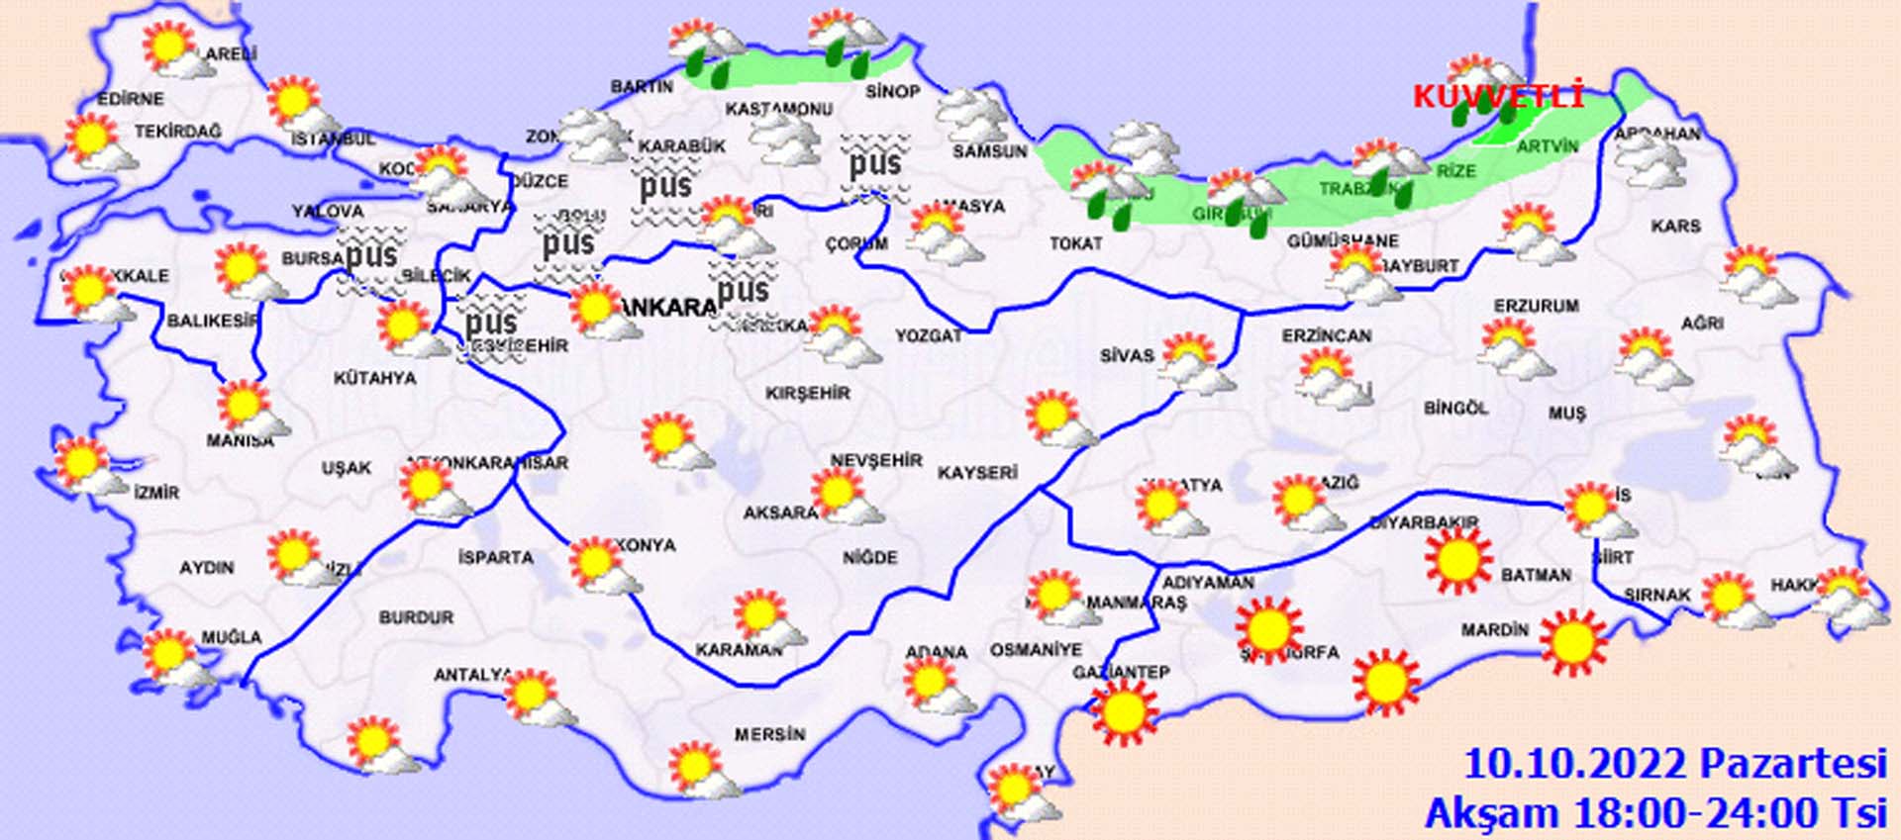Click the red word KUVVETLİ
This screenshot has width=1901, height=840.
coord(1497,97)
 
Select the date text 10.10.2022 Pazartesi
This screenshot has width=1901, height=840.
coord(1675,764)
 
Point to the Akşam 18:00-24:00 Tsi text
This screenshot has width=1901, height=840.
coord(1655,813)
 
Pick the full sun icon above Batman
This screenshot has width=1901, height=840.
coord(1457,560)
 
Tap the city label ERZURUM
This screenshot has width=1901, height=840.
coord(1536,307)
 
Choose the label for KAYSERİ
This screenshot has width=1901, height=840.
coord(977,473)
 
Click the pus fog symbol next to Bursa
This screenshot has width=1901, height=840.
coord(371,257)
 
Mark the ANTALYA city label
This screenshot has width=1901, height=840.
coord(473,675)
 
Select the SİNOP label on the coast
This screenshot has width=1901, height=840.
coord(893,91)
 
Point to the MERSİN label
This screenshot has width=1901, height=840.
coord(769,734)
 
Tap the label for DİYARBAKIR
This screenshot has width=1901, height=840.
coord(1423,522)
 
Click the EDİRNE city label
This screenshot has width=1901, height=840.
coord(131,99)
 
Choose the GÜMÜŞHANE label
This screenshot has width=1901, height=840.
coord(1343,240)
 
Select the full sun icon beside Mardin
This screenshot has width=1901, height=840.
coord(1572,639)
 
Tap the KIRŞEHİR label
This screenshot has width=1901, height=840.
coord(808,393)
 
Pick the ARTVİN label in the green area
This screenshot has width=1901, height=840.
coord(1547,146)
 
